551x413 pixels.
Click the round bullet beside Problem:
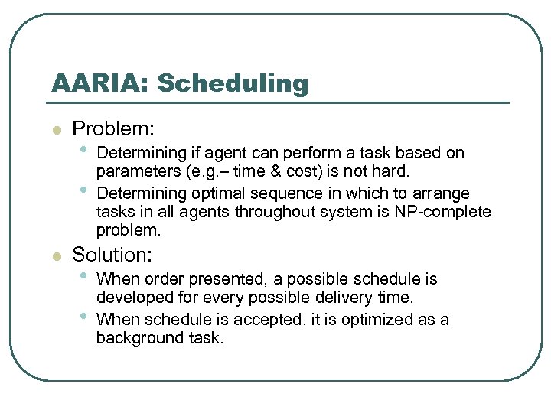[x=55, y=131]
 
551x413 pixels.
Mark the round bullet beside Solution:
[x=55, y=256]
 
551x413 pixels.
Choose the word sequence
[x=269, y=193]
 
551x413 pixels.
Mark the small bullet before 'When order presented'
[x=83, y=276]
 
